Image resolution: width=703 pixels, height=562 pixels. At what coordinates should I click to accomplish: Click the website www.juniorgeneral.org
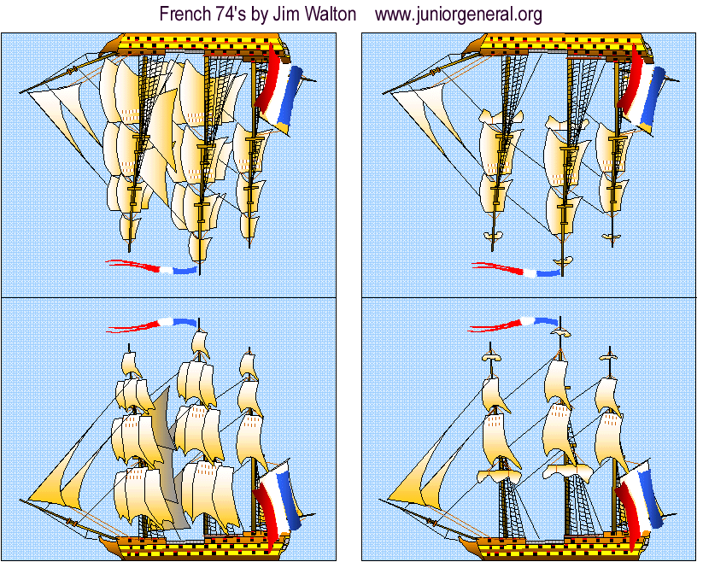tap(458, 15)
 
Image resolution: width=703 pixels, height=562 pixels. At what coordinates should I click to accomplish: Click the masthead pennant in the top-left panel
tap(151, 267)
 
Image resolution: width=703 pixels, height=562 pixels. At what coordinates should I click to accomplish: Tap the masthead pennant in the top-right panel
tap(517, 270)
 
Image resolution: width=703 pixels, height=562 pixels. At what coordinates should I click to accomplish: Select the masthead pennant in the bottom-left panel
tap(151, 325)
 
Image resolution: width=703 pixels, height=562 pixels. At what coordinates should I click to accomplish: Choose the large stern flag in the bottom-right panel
tap(640, 504)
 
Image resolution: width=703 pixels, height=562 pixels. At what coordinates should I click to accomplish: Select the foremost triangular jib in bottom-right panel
tap(415, 475)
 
